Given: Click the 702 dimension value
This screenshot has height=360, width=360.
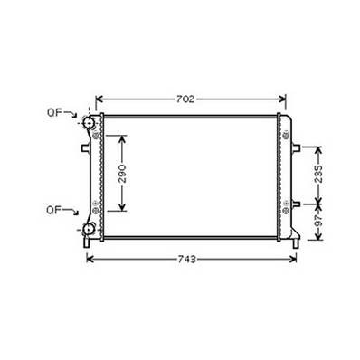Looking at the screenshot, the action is pyautogui.click(x=185, y=99).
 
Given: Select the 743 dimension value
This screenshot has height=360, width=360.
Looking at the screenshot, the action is pyautogui.click(x=186, y=260).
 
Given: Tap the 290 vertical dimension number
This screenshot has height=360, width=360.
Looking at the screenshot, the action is pyautogui.click(x=122, y=174).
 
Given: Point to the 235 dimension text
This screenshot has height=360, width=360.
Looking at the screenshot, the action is pyautogui.click(x=318, y=174).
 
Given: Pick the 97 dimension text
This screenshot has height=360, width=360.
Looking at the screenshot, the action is pyautogui.click(x=318, y=222).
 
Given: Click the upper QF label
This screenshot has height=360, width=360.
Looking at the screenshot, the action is pyautogui.click(x=54, y=113).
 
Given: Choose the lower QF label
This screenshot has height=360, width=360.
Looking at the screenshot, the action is pyautogui.click(x=53, y=210).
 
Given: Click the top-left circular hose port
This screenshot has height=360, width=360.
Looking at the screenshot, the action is pyautogui.click(x=89, y=122).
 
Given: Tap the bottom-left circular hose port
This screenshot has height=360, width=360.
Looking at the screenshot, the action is pyautogui.click(x=89, y=230).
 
